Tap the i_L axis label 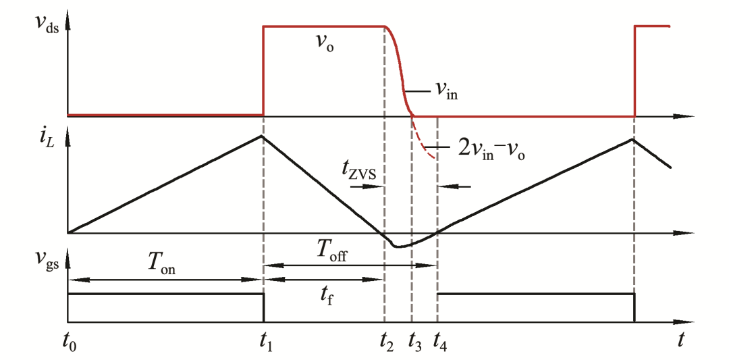tap(46, 144)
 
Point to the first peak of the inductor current tap(263, 136)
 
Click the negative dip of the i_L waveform tap(399, 247)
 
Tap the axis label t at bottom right tap(682, 340)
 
